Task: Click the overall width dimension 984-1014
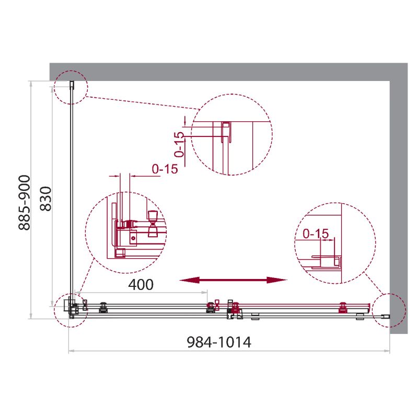pos(219,342)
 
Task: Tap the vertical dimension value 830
pos(45,199)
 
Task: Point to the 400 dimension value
pos(141,285)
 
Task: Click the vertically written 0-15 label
pos(179,145)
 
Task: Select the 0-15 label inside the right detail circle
pos(315,234)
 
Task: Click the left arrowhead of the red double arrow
pos(185,281)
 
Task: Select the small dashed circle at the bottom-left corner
pos(71,309)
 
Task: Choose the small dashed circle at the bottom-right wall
pos(390,310)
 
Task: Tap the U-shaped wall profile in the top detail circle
pos(227,133)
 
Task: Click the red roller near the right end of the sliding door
pos(343,308)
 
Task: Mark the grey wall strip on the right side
pos(399,199)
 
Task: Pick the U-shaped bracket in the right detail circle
pos(327,261)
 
